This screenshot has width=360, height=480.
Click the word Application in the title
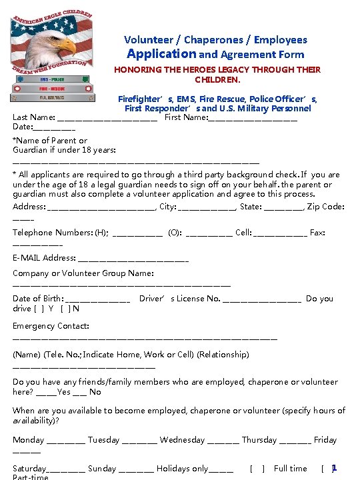[161, 54]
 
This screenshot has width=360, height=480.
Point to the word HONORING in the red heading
[137, 70]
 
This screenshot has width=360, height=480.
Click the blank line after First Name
[253, 118]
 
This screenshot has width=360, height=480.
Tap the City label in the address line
[167, 207]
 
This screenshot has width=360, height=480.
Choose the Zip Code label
[327, 207]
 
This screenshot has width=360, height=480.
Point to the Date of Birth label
[38, 299]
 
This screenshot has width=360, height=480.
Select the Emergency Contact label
[51, 326]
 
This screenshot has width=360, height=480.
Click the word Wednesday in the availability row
[182, 440]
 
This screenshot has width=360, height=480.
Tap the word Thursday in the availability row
[259, 440]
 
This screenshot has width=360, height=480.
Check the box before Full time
[257, 469]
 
